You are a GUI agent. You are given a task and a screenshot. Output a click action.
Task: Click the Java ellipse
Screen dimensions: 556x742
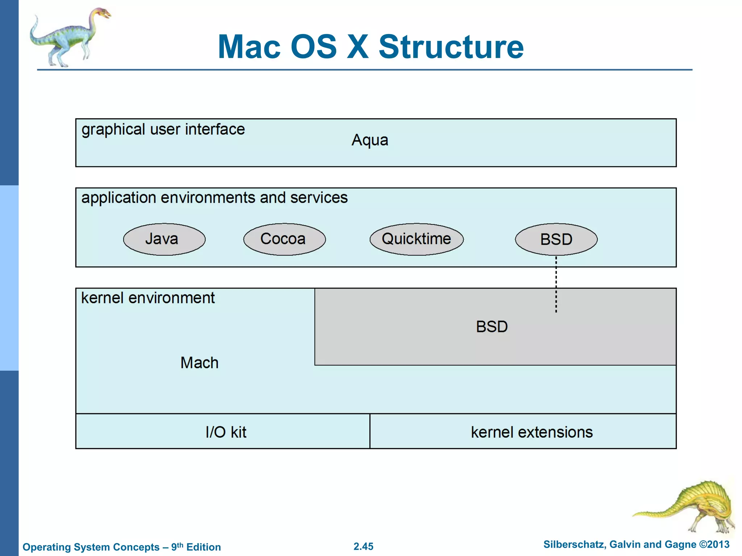(x=164, y=239)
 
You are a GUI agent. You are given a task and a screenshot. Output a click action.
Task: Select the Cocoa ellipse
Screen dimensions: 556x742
(x=284, y=239)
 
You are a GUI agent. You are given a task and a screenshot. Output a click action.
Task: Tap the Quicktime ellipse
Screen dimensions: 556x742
(x=416, y=239)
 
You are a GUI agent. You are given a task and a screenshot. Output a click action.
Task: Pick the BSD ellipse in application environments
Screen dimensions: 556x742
(x=556, y=239)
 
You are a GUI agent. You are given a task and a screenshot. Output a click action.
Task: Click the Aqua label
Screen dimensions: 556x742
(x=370, y=140)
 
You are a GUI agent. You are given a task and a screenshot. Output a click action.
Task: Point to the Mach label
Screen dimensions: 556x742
(x=199, y=363)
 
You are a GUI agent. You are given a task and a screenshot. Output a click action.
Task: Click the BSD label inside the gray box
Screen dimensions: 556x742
(x=492, y=327)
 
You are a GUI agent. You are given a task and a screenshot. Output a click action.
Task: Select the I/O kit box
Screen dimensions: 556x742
(x=223, y=431)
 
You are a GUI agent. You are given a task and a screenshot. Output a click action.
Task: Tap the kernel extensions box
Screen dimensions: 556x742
(x=523, y=431)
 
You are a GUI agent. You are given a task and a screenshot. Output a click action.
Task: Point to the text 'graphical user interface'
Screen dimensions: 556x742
(x=163, y=130)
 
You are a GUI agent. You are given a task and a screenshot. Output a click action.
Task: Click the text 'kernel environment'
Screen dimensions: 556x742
(x=148, y=298)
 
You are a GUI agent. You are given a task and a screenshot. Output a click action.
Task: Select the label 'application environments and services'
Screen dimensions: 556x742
(x=214, y=198)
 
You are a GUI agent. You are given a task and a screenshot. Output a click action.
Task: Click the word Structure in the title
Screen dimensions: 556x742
(x=451, y=47)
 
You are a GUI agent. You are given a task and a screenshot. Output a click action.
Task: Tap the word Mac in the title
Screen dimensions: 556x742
(x=249, y=47)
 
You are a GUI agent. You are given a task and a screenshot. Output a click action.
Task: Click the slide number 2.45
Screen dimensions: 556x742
(x=363, y=546)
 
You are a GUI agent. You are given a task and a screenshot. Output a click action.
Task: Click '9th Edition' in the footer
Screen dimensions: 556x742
(x=196, y=547)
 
